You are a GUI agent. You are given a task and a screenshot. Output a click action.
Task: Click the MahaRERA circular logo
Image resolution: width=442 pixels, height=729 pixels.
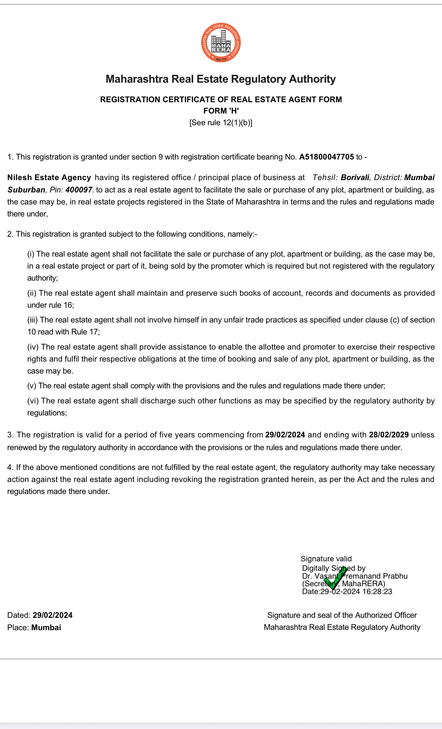coord(221,43)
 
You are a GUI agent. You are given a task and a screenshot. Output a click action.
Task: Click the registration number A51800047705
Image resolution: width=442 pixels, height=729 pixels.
coord(326,157)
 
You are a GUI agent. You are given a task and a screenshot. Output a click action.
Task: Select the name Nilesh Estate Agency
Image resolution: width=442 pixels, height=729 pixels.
coord(49,178)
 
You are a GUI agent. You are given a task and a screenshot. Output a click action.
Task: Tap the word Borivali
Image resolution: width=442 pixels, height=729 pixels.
coord(355,178)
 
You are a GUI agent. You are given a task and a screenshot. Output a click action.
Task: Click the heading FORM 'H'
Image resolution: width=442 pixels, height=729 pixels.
coord(221,111)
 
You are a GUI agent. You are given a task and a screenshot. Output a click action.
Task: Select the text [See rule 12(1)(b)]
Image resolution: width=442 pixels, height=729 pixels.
coord(221,123)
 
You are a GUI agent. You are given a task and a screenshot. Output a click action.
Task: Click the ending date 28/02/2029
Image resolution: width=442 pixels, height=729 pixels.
coord(389,435)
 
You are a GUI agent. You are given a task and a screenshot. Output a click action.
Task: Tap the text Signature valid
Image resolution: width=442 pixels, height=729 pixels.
coord(326,559)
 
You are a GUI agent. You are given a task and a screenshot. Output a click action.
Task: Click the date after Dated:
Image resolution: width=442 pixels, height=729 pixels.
coord(53,615)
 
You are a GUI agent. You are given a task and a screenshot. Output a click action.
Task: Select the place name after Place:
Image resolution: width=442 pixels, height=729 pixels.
coord(46,627)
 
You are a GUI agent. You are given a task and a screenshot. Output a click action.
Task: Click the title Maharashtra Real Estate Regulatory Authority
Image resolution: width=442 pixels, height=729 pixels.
coord(221,79)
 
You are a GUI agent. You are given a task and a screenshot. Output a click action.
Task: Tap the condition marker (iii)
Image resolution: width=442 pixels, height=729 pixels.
coord(33,320)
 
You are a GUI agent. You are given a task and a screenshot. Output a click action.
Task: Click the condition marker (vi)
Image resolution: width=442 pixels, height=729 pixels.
coord(33,401)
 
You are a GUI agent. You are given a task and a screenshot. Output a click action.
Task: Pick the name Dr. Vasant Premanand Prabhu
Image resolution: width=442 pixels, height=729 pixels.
coord(355,576)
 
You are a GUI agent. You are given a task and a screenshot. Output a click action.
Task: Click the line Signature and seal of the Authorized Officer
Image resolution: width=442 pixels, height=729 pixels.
coord(342,615)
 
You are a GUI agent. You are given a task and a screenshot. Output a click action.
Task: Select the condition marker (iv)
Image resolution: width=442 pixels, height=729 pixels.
coord(33,347)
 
